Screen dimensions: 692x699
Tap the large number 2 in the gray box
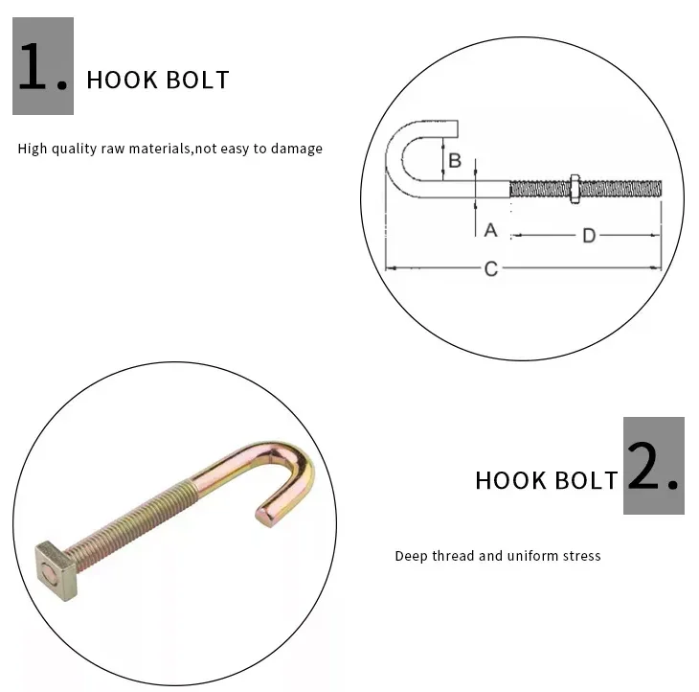[x=654, y=467]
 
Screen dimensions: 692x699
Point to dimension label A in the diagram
[x=490, y=230]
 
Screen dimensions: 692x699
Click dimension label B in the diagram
[x=456, y=159]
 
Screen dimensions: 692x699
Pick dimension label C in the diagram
[x=490, y=269]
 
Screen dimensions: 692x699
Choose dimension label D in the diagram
[x=590, y=236]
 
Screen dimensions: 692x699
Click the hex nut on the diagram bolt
[x=572, y=188]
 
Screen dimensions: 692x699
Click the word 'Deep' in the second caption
[x=410, y=556]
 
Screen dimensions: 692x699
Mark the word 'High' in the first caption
[x=33, y=149]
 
